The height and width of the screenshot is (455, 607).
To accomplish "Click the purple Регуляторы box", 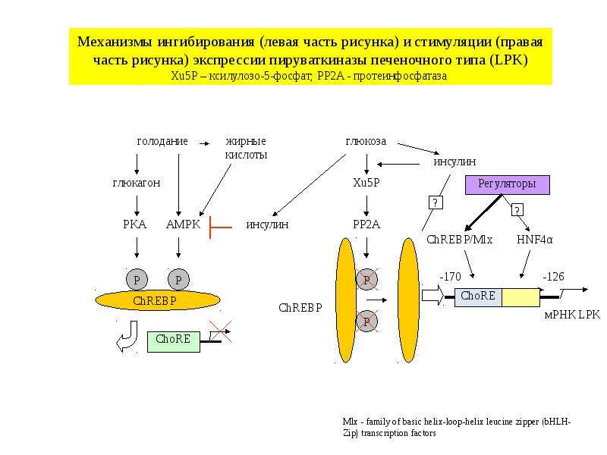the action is [x=507, y=184].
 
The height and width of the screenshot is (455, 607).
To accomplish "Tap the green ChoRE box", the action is [x=174, y=342].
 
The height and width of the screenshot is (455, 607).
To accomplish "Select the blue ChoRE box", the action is [x=478, y=297].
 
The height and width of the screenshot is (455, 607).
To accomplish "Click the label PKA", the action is [x=135, y=224].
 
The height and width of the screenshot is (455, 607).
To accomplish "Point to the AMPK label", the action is [x=183, y=224].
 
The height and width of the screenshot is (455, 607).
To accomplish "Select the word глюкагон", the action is [x=137, y=183].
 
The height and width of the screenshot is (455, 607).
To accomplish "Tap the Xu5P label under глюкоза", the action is [x=366, y=182].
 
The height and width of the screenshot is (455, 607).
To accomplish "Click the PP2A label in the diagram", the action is [x=366, y=224].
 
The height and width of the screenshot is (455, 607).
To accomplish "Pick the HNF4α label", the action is [x=535, y=240].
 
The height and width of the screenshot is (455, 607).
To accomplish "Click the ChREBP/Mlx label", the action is [x=460, y=240].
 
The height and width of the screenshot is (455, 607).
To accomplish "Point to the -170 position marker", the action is [x=450, y=277].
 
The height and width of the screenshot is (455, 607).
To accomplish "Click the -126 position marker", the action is [x=553, y=277].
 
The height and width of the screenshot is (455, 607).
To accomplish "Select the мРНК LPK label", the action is [x=572, y=315].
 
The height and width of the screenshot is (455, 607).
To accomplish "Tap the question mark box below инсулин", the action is [x=436, y=202].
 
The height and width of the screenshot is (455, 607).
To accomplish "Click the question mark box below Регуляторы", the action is [x=517, y=210].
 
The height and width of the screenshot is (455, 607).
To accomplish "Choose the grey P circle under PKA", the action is [x=137, y=279].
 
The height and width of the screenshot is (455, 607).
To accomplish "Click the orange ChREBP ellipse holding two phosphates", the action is [x=158, y=300].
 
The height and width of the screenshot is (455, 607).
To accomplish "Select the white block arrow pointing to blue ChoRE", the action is [x=432, y=295].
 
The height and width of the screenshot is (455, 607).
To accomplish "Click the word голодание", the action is [x=162, y=141].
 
